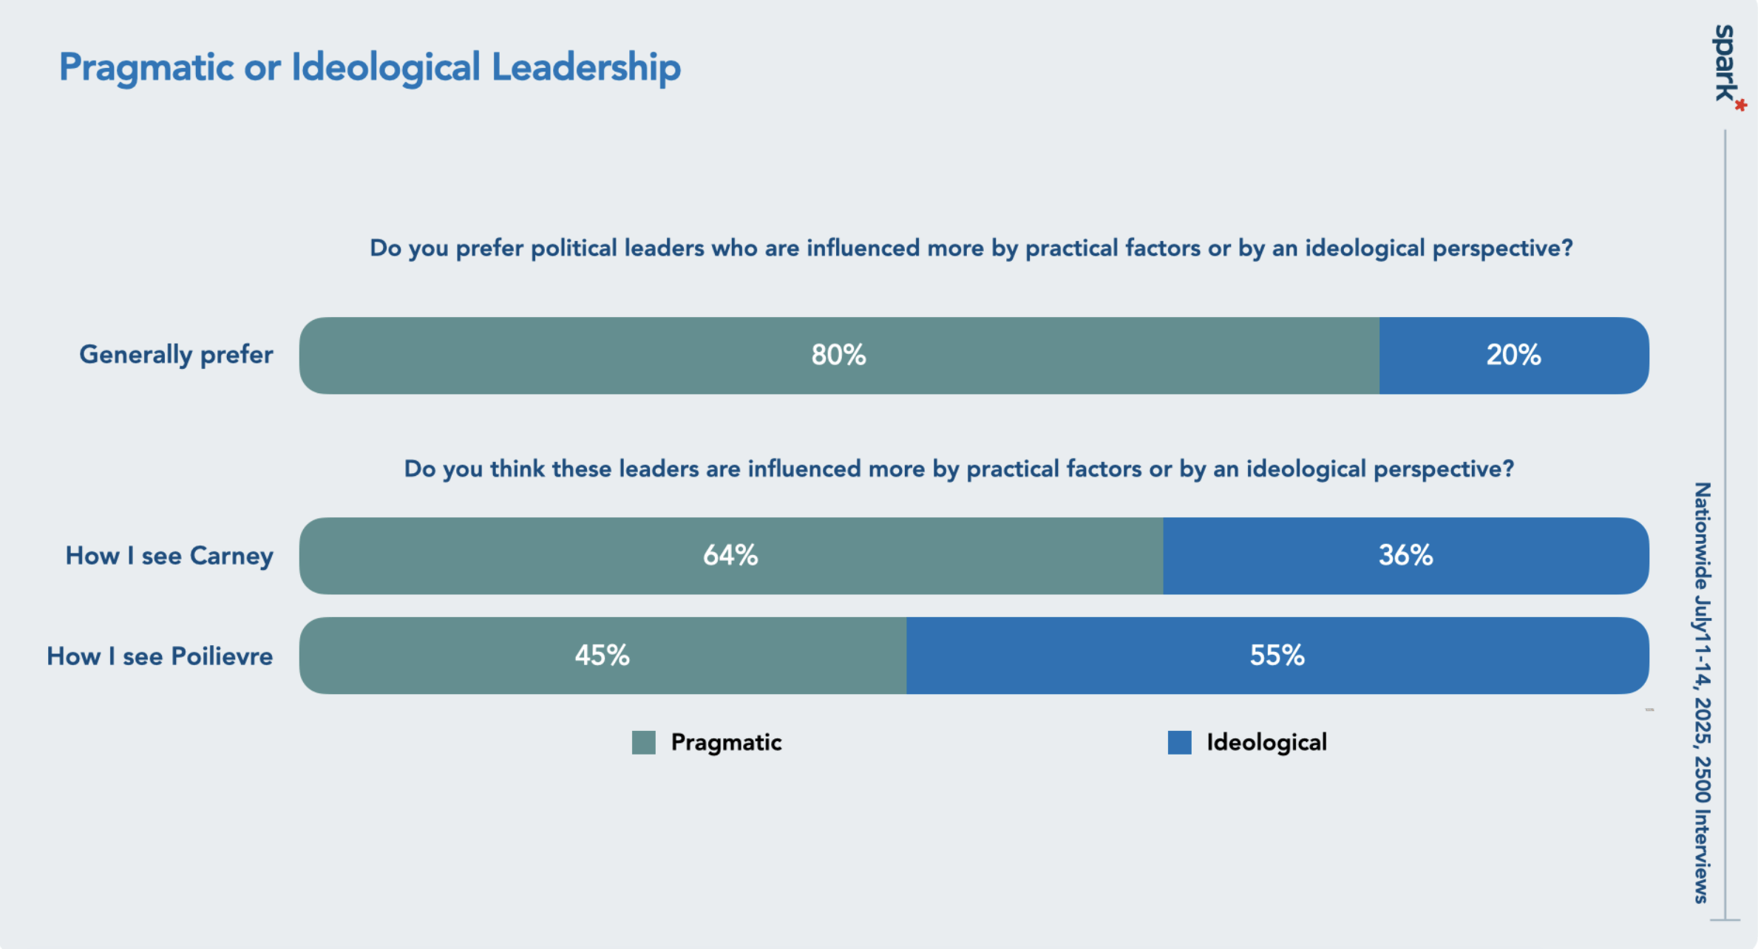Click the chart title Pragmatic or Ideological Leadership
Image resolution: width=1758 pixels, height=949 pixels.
point(370,67)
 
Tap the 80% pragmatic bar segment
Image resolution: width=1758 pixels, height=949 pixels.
point(838,356)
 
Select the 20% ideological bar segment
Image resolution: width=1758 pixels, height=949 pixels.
point(1513,356)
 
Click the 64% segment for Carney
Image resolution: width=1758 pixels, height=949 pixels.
point(730,556)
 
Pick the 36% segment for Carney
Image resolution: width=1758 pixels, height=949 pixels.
point(1405,556)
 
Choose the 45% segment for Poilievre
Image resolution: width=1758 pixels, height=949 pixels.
point(602,656)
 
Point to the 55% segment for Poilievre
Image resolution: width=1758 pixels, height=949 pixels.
point(1277,656)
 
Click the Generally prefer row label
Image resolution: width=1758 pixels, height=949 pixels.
point(176,355)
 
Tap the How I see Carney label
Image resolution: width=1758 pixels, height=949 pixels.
point(169,556)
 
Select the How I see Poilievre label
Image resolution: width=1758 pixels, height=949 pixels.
point(160,656)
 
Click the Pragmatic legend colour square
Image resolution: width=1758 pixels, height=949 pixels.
point(644,743)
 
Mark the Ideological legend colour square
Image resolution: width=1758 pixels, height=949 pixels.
point(1179,743)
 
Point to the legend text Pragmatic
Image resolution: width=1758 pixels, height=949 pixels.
point(726,743)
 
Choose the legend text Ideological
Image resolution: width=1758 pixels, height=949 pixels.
point(1266,743)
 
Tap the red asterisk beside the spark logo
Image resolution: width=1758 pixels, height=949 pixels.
point(1741,106)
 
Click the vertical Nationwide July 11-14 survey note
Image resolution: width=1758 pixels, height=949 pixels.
point(1703,693)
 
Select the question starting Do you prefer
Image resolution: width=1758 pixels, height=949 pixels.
point(971,248)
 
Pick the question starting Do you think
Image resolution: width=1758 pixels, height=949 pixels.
point(959,469)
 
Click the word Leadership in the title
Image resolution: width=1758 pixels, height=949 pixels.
point(586,67)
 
